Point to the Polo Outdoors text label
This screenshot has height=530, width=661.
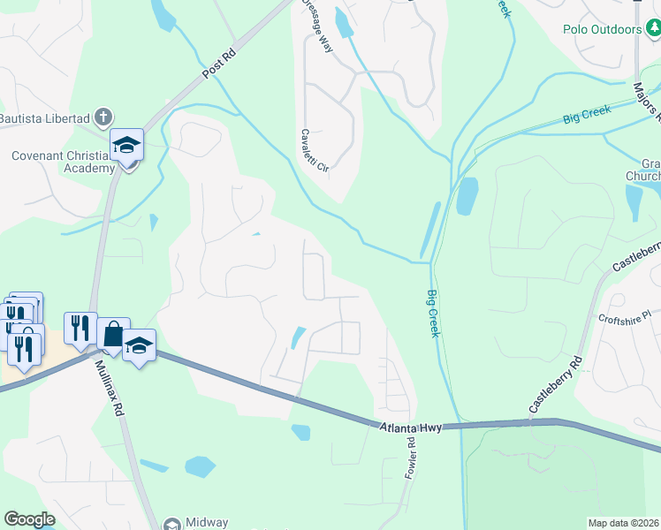[x=603, y=29]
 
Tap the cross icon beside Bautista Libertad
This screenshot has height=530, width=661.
[x=103, y=116]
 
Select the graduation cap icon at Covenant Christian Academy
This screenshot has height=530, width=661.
[x=126, y=144]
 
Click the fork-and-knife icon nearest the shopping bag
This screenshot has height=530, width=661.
[x=80, y=328]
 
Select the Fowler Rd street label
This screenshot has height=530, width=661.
[x=412, y=458]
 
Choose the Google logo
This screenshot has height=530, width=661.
[x=29, y=519]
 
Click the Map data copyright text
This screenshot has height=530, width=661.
[x=623, y=523]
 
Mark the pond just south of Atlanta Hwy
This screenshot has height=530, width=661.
[x=301, y=432]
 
